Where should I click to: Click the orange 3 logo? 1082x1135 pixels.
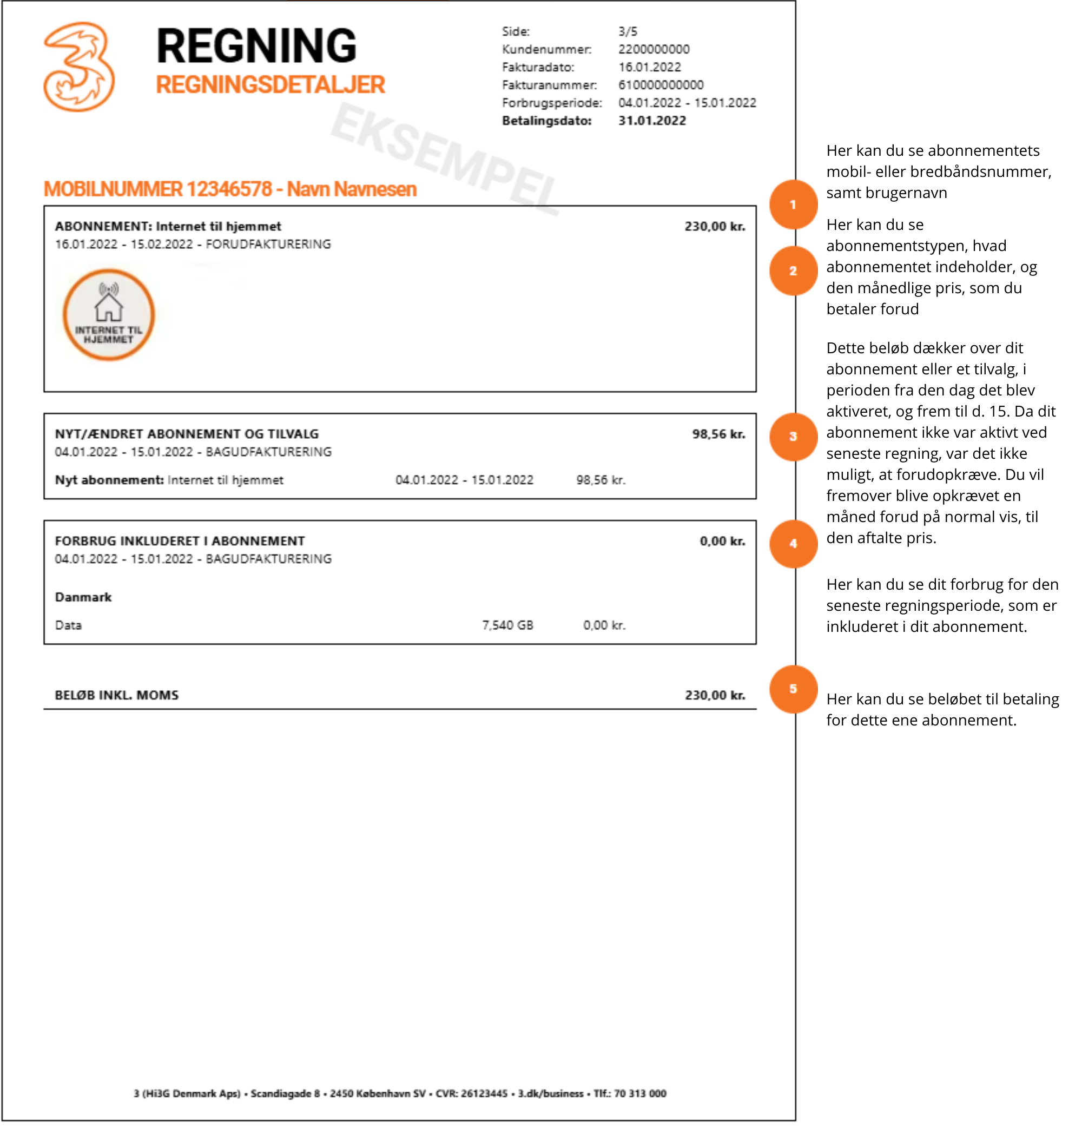[x=79, y=67]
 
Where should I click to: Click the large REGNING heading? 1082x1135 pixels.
[x=256, y=46]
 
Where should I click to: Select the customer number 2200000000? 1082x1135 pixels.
[x=654, y=49]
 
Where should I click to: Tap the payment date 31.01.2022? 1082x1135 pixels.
[x=652, y=121]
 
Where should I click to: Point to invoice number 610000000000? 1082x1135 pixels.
[x=661, y=85]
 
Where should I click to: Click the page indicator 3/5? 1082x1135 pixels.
[x=628, y=31]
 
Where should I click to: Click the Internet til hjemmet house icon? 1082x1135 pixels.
[x=108, y=315]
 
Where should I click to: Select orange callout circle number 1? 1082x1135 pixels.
[x=793, y=204]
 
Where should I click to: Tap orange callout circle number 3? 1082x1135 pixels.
[x=793, y=437]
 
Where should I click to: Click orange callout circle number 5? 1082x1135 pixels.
[x=793, y=689]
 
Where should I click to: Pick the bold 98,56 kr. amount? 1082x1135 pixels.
[x=718, y=434]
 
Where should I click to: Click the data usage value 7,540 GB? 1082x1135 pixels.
[x=507, y=625]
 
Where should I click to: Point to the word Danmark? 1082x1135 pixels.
[x=83, y=597]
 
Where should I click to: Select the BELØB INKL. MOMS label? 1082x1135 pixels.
[x=116, y=695]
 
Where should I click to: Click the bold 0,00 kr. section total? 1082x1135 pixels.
[x=722, y=541]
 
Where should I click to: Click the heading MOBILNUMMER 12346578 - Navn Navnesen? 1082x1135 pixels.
[x=230, y=189]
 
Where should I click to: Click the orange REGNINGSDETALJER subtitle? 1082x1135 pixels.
[x=270, y=85]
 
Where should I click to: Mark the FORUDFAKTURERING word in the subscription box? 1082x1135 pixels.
[x=268, y=244]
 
